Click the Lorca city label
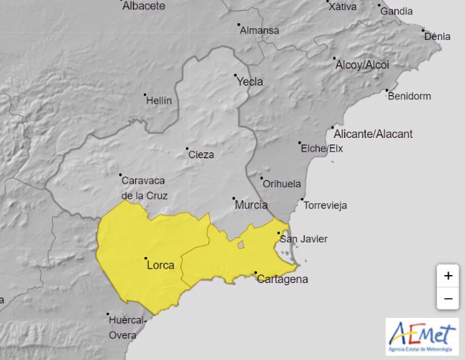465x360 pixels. pos(161,266)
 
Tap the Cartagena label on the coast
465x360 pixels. pos(283,279)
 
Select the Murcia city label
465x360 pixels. pos(251,205)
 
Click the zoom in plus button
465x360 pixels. pos(448,276)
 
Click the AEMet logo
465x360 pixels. pos(422,337)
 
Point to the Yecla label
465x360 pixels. pos(250,82)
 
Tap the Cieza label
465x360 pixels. pos(201,155)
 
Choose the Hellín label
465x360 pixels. pos(159,101)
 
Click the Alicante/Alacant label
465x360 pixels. pos(373,134)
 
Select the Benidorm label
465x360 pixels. pos(410,96)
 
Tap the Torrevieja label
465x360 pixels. pos(325,205)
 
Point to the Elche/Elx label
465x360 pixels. pos(322,149)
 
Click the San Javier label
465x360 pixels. pos(304,240)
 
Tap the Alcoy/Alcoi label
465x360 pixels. pos(362,65)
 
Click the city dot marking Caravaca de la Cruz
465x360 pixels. pos(121,175)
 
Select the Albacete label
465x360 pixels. pos(144,6)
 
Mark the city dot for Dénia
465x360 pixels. pos(424,31)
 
